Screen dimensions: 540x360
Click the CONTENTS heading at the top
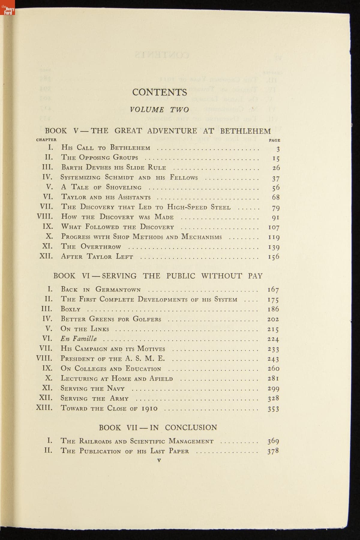[x=160, y=92]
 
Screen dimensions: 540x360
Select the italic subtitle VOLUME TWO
[x=160, y=110]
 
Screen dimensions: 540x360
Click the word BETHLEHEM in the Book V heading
[x=245, y=131]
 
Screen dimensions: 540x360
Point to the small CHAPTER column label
[x=46, y=140]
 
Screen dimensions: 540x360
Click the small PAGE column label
[x=274, y=140]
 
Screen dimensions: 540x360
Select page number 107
[x=274, y=227]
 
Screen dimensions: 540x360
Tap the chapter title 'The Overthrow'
[x=91, y=247]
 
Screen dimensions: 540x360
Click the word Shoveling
[x=124, y=187]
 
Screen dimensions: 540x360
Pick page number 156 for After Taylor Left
[x=274, y=257]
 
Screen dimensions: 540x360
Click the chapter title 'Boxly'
[x=70, y=309]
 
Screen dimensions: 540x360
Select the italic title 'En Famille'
[x=79, y=339]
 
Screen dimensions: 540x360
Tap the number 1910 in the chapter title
[x=149, y=408]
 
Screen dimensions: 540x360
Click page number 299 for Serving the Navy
[x=273, y=389]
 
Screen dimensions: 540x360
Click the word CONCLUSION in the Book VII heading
[x=191, y=428]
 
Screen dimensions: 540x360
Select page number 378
[x=273, y=451]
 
